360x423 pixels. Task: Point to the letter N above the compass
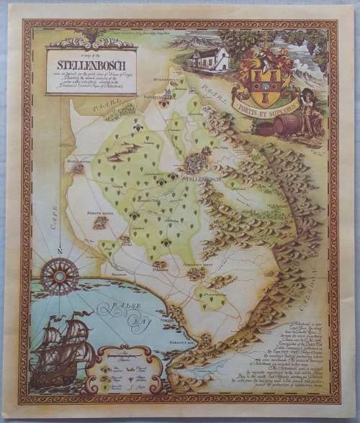(x=60, y=250)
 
